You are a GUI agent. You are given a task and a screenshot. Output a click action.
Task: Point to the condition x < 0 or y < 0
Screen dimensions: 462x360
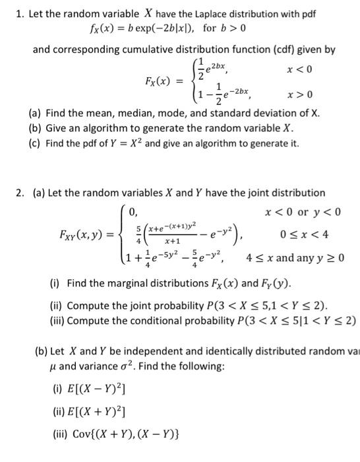[301, 212]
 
